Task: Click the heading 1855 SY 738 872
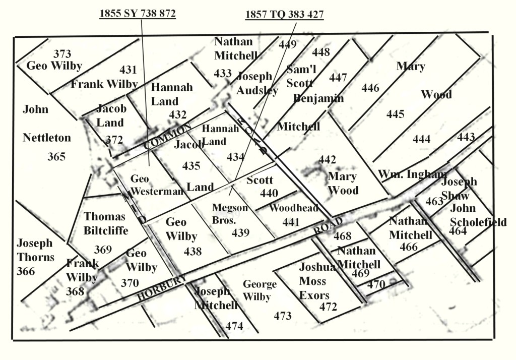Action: click(138, 14)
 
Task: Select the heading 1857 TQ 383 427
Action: click(284, 14)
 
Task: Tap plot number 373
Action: click(62, 54)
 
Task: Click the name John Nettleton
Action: click(46, 124)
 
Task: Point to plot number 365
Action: click(56, 157)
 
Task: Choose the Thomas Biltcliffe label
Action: click(105, 223)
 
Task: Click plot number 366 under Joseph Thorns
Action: click(26, 271)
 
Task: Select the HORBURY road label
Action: click(162, 289)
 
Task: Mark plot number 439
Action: click(240, 232)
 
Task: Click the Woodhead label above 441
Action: click(294, 208)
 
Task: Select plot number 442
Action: click(327, 160)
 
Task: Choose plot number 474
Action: click(234, 326)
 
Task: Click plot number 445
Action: click(395, 114)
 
